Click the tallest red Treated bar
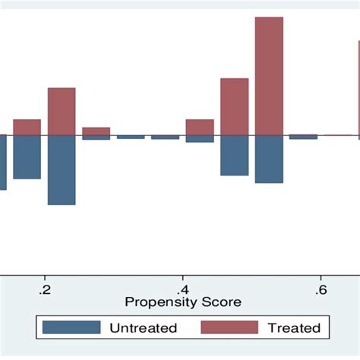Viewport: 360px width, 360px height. (269, 76)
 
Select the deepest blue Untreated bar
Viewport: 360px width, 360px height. (62, 170)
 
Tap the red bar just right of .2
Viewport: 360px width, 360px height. (62, 112)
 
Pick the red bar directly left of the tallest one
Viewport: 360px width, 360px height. (234, 106)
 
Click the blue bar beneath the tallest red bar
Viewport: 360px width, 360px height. (269, 159)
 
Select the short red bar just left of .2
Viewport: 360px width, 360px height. (27, 128)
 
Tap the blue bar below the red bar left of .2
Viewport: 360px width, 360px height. (27, 157)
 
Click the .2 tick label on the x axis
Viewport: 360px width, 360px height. (46, 289)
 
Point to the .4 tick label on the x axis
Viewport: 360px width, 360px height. (183, 289)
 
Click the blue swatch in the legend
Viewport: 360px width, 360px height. (71, 327)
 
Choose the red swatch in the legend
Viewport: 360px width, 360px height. (228, 327)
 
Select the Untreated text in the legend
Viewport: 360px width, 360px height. (144, 328)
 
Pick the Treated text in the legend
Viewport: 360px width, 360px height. (294, 328)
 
